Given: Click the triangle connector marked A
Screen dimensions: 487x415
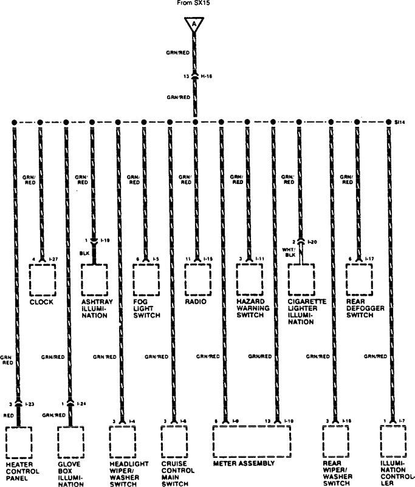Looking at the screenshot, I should pos(194,25).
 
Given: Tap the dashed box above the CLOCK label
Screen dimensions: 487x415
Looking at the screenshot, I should pos(43,279).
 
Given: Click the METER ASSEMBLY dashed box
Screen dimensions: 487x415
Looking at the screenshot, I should pos(250,440).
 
